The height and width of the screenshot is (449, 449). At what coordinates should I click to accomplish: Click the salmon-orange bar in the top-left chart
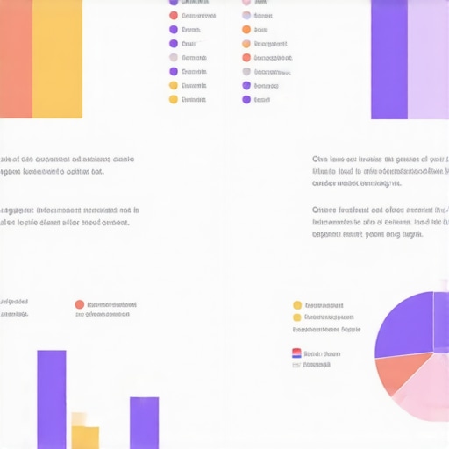pyautogui.click(x=16, y=58)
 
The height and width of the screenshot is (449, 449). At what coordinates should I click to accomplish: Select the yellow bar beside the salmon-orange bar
pyautogui.click(x=57, y=58)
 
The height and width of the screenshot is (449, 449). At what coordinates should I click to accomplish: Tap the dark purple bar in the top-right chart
pyautogui.click(x=388, y=58)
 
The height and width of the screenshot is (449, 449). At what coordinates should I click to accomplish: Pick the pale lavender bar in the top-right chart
pyautogui.click(x=428, y=58)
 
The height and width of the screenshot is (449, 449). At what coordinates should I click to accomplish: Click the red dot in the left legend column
pyautogui.click(x=174, y=15)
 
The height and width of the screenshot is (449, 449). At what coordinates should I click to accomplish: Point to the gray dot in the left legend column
pyautogui.click(x=174, y=58)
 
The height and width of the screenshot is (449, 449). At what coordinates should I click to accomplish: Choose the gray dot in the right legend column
pyautogui.click(x=246, y=72)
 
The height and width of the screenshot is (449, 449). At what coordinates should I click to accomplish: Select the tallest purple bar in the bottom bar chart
pyautogui.click(x=52, y=399)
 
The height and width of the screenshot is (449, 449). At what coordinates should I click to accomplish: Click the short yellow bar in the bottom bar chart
pyautogui.click(x=85, y=436)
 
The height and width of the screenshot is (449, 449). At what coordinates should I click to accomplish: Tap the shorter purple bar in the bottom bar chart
pyautogui.click(x=145, y=423)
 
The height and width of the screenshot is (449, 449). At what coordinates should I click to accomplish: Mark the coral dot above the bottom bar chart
pyautogui.click(x=80, y=304)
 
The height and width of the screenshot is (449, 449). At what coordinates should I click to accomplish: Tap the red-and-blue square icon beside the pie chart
pyautogui.click(x=296, y=353)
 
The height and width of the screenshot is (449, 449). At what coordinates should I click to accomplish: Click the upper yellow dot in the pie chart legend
pyautogui.click(x=297, y=305)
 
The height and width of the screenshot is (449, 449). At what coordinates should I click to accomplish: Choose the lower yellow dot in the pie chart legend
pyautogui.click(x=297, y=317)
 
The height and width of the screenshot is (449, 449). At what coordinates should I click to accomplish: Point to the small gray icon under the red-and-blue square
pyautogui.click(x=296, y=365)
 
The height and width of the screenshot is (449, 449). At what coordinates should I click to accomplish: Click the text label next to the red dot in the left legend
pyautogui.click(x=198, y=15)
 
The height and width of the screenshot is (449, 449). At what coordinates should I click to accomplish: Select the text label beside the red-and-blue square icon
pyautogui.click(x=322, y=353)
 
